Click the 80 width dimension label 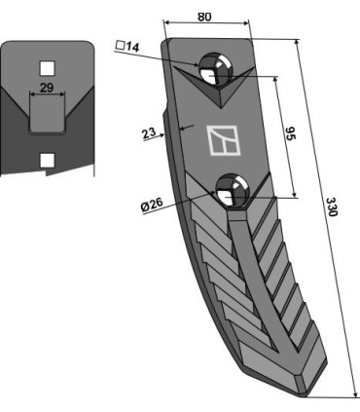[204, 17]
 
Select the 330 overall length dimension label [333, 206]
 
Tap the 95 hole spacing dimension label [291, 133]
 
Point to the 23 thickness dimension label [149, 133]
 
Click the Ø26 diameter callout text [152, 206]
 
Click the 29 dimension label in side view [47, 88]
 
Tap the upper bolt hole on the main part [215, 69]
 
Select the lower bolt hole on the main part [233, 190]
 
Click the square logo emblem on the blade [224, 140]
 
